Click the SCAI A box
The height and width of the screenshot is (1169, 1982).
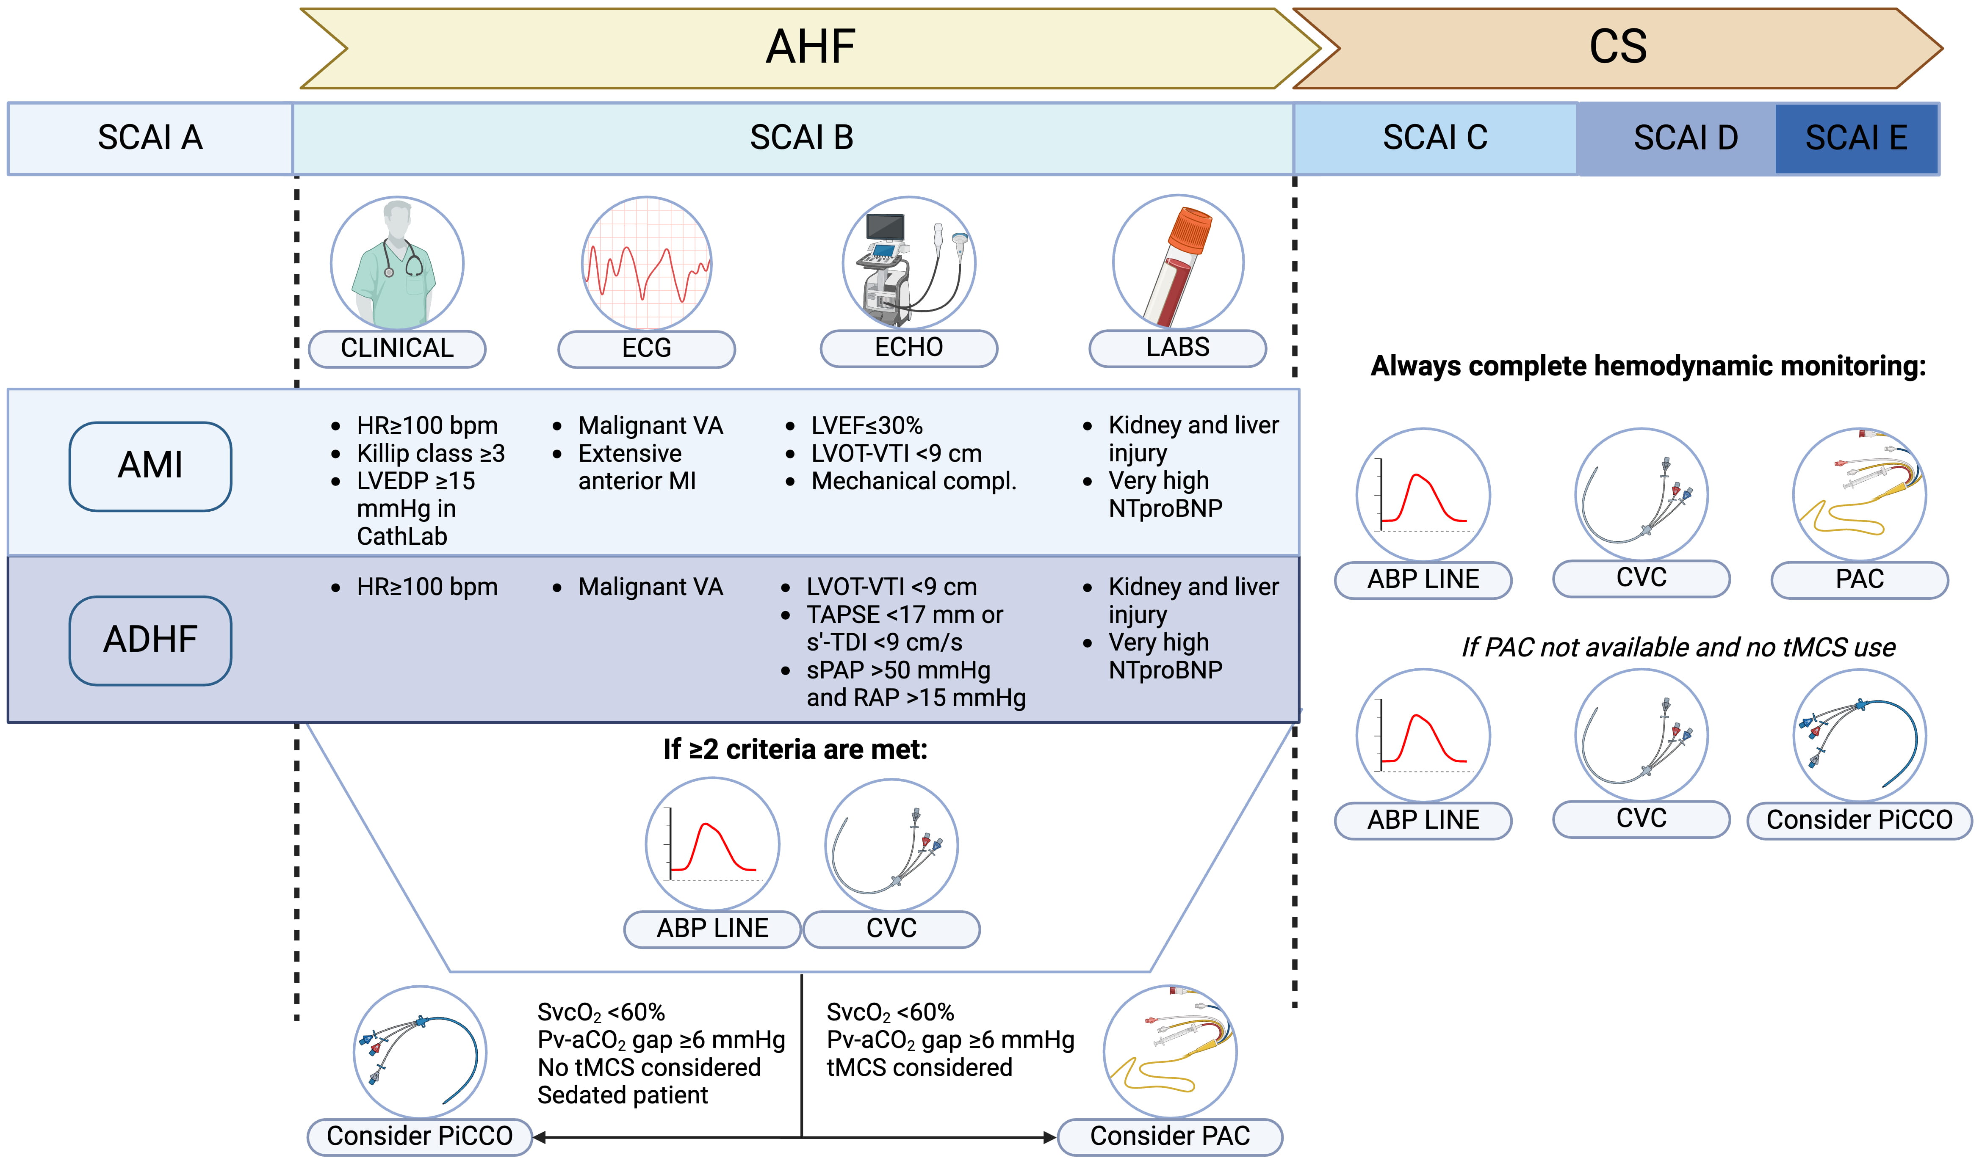pos(150,138)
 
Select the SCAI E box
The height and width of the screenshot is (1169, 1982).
pos(1856,138)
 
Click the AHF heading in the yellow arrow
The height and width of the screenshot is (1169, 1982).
pos(810,47)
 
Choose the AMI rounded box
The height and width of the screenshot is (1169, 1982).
pos(150,466)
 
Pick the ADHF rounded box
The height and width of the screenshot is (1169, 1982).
pos(150,640)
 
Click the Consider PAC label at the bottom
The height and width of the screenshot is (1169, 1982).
pos(1169,1136)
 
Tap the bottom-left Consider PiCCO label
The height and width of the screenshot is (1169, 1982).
pos(419,1136)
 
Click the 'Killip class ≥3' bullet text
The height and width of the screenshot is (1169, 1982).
pos(430,454)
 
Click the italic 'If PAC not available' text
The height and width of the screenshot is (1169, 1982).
pos(1678,648)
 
